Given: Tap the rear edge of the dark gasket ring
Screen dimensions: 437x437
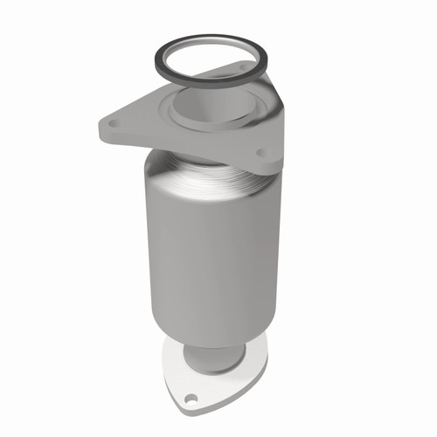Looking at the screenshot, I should [x=210, y=38].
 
